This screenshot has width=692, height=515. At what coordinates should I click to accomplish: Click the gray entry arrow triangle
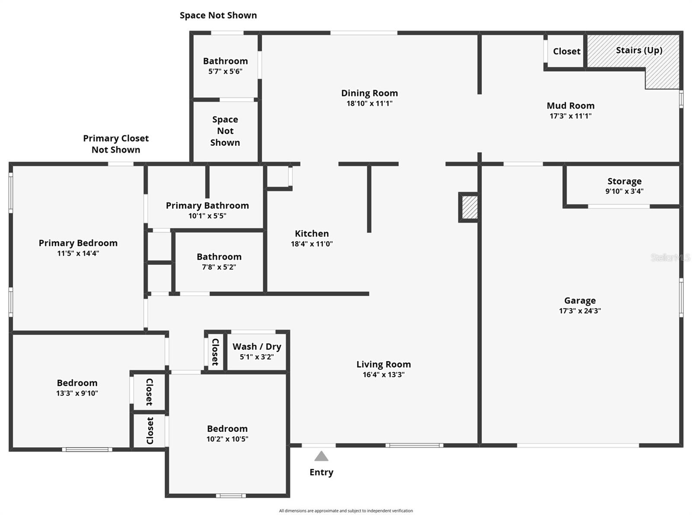[x=321, y=456]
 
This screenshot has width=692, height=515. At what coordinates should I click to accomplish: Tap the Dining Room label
[x=369, y=93]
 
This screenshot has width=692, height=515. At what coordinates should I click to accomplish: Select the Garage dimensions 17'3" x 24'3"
[x=580, y=311]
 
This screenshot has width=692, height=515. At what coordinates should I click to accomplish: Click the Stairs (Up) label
[x=639, y=51]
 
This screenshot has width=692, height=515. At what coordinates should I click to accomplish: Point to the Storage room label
[x=624, y=181]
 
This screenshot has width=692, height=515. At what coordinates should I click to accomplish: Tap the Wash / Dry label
[x=257, y=347]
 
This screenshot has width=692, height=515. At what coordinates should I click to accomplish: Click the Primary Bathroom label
[x=207, y=206]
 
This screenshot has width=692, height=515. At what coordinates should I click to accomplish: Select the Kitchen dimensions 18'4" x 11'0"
[x=312, y=244]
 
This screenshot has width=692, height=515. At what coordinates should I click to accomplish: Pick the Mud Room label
[x=570, y=106]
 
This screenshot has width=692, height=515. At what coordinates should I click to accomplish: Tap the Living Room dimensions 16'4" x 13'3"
[x=384, y=375]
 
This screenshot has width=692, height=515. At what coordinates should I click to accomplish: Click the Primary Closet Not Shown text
[x=116, y=144]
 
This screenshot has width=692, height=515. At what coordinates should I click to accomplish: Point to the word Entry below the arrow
[x=321, y=472]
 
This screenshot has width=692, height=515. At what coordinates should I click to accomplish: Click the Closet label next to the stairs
[x=567, y=51]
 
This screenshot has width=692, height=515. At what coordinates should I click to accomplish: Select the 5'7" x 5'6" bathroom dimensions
[x=225, y=71]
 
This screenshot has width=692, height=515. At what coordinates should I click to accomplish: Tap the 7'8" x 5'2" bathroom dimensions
[x=219, y=267]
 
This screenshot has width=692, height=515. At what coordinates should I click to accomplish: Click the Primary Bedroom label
[x=78, y=243]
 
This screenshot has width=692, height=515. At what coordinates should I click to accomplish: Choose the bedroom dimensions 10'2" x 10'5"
[x=227, y=439]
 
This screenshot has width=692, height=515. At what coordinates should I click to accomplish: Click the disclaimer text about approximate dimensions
[x=346, y=511]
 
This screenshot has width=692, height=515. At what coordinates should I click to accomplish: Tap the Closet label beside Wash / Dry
[x=215, y=352]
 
